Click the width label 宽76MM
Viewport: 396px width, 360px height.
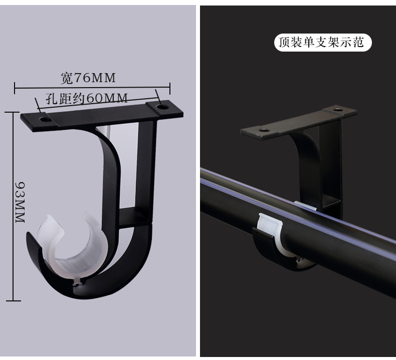[88, 78]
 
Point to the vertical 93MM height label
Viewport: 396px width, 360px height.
[20, 202]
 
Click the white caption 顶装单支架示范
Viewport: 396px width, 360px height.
[321, 42]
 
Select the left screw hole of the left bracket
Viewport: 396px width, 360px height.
[45, 119]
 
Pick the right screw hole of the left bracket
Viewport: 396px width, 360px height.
[162, 107]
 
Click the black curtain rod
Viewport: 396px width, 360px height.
[298, 227]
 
